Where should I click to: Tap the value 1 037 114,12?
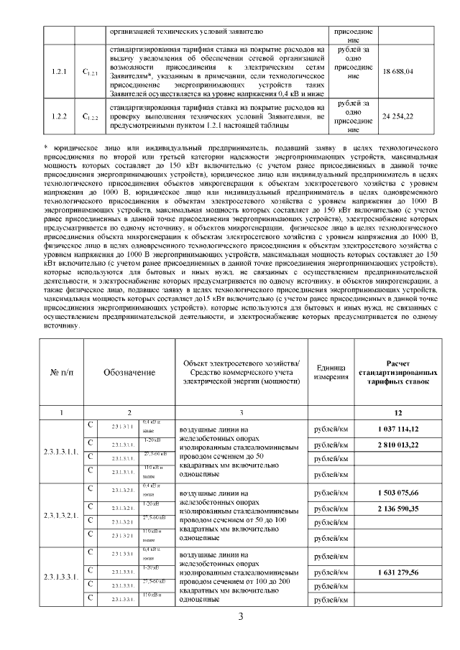[x=397, y=429]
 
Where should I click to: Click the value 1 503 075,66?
[x=397, y=493]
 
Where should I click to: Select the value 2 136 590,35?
[x=397, y=509]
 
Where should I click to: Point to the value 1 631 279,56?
[x=397, y=572]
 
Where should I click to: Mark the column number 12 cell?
[x=397, y=412]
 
